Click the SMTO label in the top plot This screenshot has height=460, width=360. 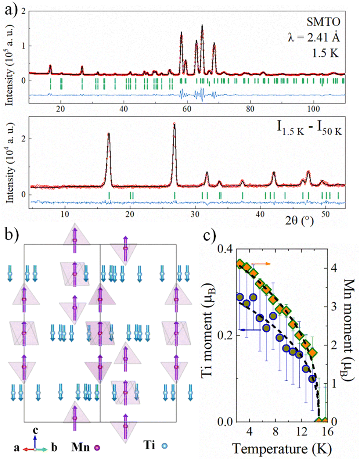(x=323, y=22)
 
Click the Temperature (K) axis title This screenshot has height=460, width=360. (x=282, y=449)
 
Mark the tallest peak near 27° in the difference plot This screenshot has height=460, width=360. (x=174, y=125)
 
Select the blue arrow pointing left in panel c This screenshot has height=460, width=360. (x=249, y=330)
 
